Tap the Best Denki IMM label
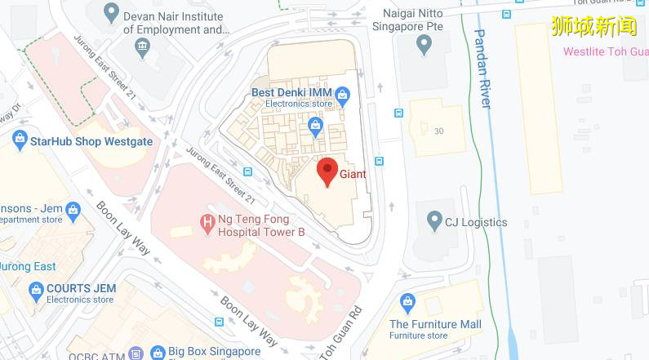coord(291,92)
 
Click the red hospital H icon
coord(207,220)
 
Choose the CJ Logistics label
coord(475,222)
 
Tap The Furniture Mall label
coord(435,324)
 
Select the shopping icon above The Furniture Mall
coord(407,304)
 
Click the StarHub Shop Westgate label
coord(91,141)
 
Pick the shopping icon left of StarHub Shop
coord(20,140)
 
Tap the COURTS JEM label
coord(81,288)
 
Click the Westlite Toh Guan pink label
coord(605,51)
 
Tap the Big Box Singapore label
coord(214,352)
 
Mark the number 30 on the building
coord(439,131)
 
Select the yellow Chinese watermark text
coord(594,26)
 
